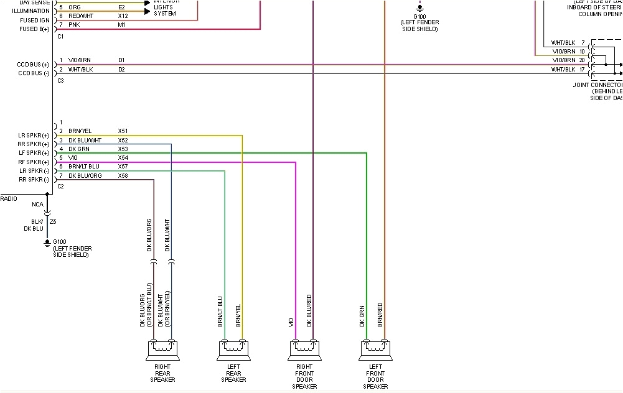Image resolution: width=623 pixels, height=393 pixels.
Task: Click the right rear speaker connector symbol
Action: click(x=162, y=351)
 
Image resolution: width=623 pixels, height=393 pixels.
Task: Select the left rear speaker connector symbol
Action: click(x=233, y=351)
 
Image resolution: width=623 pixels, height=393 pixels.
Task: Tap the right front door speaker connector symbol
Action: click(x=304, y=351)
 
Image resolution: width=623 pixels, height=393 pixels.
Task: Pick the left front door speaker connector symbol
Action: click(x=375, y=351)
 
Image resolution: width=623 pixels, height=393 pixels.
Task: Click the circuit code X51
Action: click(x=123, y=131)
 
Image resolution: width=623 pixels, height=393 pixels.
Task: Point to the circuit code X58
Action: click(x=123, y=176)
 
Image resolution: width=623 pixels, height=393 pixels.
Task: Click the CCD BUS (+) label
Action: click(x=34, y=65)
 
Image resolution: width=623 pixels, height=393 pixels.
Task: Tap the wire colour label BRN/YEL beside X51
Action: click(x=80, y=131)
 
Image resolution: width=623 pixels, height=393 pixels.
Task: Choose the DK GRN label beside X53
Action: click(x=79, y=149)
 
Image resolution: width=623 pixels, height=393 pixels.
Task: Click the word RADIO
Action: click(x=9, y=199)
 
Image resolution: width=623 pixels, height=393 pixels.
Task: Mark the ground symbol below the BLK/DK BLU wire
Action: click(x=47, y=244)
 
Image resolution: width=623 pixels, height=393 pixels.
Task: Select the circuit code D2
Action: click(x=122, y=70)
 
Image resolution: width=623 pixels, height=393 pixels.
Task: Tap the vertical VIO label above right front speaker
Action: click(x=291, y=323)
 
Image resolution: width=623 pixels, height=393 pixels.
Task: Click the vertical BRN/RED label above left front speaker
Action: click(x=380, y=315)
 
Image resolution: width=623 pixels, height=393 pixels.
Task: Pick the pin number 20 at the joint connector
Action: click(x=581, y=60)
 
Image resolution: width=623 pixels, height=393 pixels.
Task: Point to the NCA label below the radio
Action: click(x=38, y=203)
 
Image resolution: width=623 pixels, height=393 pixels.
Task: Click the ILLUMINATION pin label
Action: click(x=30, y=11)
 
